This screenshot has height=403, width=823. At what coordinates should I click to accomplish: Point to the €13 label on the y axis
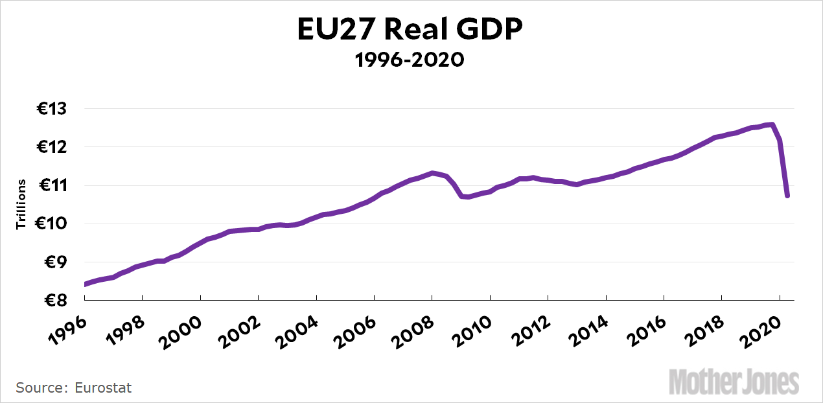(52, 109)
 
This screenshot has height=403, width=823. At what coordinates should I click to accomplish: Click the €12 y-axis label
(52, 147)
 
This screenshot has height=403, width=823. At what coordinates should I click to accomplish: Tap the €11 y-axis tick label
(52, 185)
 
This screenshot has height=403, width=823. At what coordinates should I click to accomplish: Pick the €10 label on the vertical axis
(52, 224)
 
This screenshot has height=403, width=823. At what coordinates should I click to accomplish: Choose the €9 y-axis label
(55, 262)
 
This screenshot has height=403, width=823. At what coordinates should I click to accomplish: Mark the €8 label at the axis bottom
(55, 300)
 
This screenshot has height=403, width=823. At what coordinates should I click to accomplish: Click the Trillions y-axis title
(21, 205)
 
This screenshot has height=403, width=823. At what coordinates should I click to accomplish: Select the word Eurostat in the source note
(103, 388)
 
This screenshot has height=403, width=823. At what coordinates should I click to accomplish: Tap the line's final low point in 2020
(787, 196)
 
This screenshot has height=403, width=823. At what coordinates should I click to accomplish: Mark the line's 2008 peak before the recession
(432, 173)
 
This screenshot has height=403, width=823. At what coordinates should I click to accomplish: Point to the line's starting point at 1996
(85, 284)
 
